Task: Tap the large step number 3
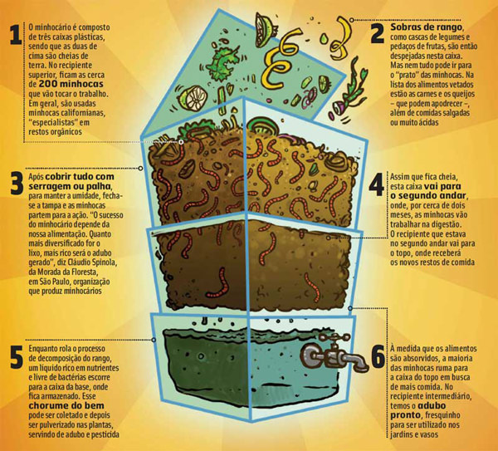[14, 184]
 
